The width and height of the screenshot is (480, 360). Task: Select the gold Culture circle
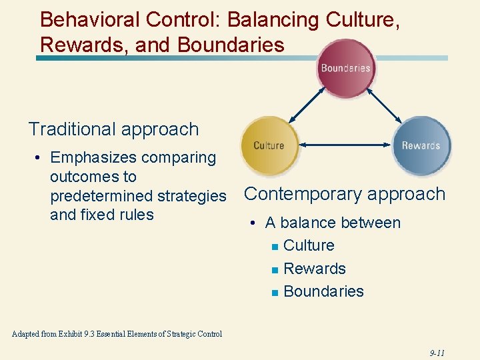pyautogui.click(x=269, y=145)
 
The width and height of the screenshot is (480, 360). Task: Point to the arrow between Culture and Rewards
pyautogui.click(x=345, y=144)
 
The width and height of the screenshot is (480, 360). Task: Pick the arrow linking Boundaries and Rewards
pyautogui.click(x=385, y=107)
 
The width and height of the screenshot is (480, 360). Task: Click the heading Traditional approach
pyautogui.click(x=113, y=129)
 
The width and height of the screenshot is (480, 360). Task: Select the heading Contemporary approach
pyautogui.click(x=345, y=194)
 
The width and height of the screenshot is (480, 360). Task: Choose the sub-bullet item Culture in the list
pyautogui.click(x=309, y=245)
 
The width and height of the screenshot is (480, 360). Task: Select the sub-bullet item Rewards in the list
pyautogui.click(x=315, y=269)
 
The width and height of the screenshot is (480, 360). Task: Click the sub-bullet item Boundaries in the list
pyautogui.click(x=323, y=291)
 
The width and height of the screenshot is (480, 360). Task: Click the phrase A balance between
pyautogui.click(x=333, y=223)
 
